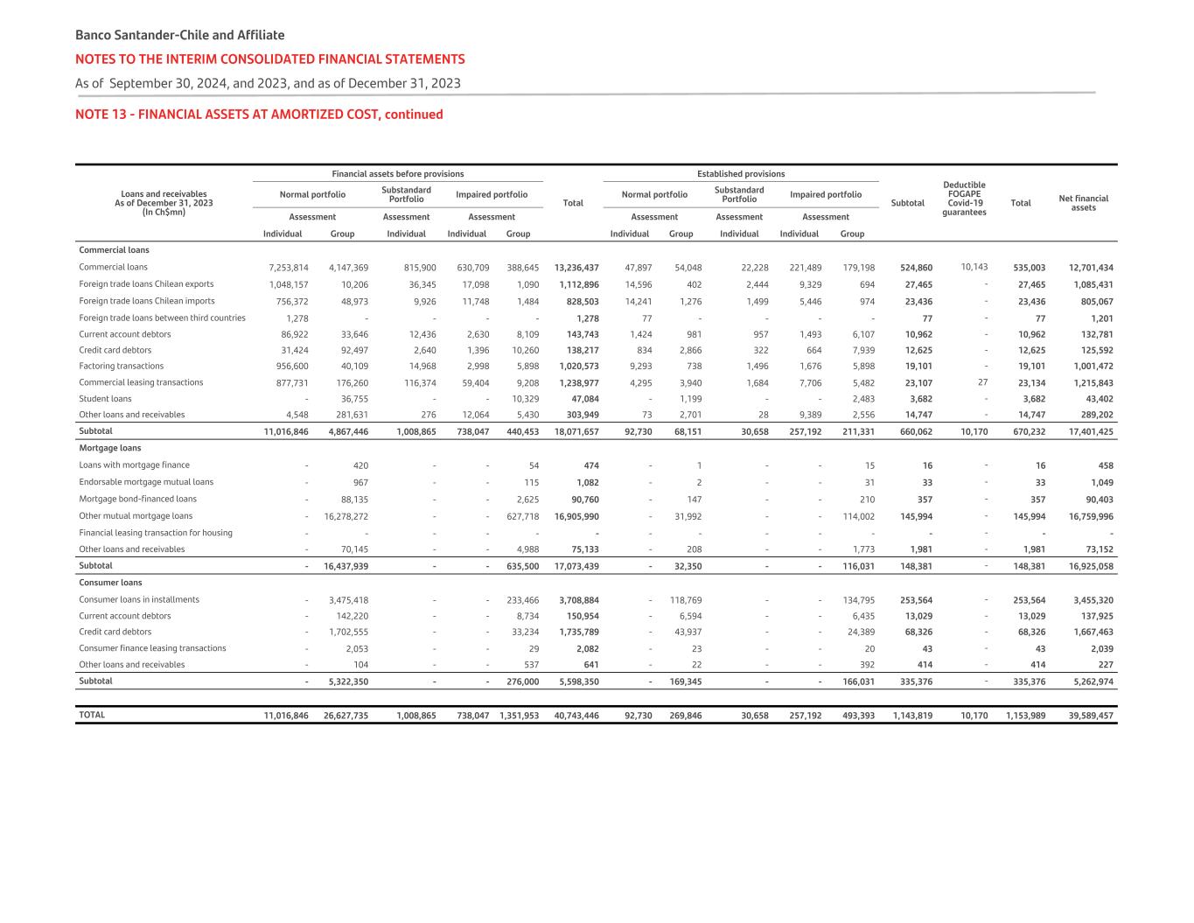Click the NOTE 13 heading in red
click(259, 115)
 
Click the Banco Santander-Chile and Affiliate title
click(179, 35)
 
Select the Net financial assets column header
click(1083, 203)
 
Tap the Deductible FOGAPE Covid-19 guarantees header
click(964, 199)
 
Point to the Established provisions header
click(740, 174)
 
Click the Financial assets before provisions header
click(397, 174)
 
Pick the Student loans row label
click(105, 399)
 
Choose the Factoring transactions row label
click(121, 367)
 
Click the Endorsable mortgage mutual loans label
click(145, 482)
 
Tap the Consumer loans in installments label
click(138, 600)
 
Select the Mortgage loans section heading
click(109, 448)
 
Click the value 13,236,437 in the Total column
click(576, 268)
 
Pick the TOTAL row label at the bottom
click(92, 715)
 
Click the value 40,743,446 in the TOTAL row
click(576, 716)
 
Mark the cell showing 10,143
click(974, 267)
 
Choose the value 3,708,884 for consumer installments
click(578, 600)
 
